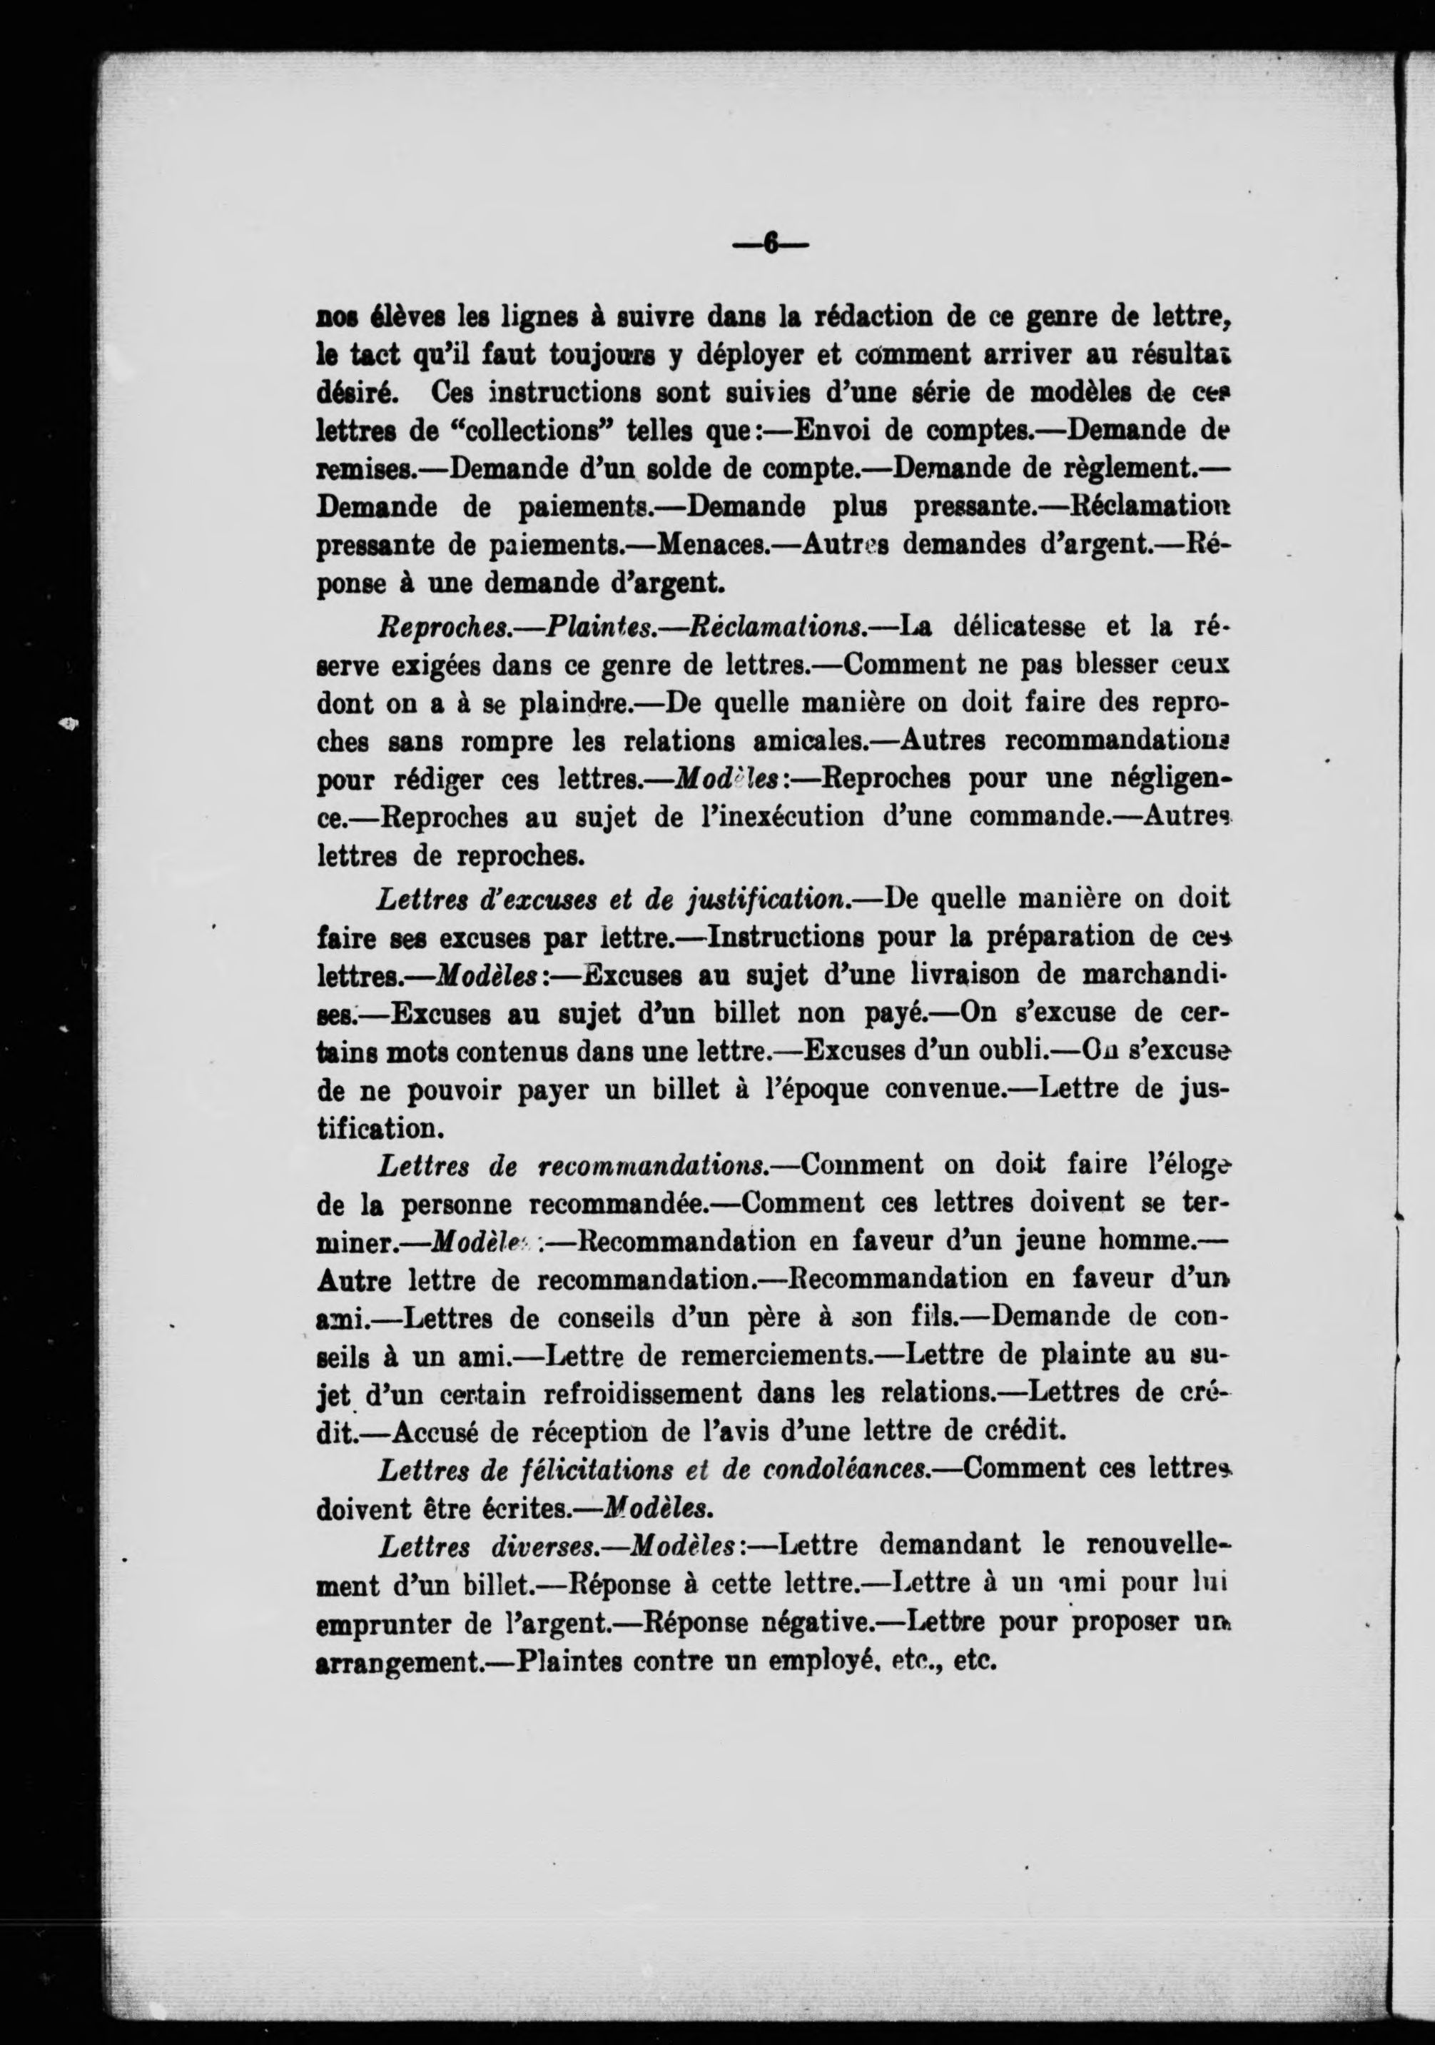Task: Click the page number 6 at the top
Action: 770,244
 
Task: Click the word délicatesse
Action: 1018,627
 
